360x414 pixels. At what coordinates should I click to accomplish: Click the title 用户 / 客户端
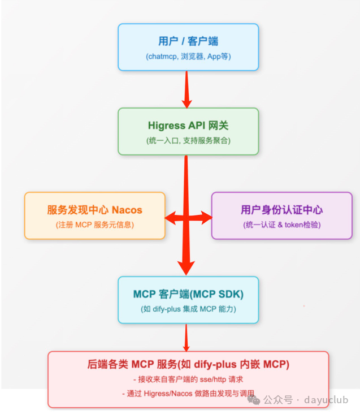pos(188,41)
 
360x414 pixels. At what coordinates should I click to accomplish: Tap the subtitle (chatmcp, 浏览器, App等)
pos(188,57)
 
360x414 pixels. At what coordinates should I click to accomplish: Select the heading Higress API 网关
pos(188,126)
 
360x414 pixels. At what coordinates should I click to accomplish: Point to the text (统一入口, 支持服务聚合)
pos(188,140)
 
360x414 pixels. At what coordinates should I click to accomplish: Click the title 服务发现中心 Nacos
pos(94,210)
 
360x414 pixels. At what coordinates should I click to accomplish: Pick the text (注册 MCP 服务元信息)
pos(94,225)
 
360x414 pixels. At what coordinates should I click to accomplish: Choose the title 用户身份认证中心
pos(281,210)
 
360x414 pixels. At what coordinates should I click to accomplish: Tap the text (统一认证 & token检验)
pos(281,225)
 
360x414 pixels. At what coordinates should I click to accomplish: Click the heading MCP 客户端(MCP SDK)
pos(188,294)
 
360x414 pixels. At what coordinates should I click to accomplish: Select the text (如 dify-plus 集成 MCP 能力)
pos(188,309)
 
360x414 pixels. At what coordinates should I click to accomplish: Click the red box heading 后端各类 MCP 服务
pos(188,364)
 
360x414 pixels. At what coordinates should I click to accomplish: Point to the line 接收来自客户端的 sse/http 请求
pos(188,379)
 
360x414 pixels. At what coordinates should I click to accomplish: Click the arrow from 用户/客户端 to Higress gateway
pos(186,89)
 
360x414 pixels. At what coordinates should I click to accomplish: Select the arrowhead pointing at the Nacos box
pos(170,217)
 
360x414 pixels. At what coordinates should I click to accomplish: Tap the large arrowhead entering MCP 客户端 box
pos(186,267)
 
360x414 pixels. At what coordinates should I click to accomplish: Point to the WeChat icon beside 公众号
pos(257,400)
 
